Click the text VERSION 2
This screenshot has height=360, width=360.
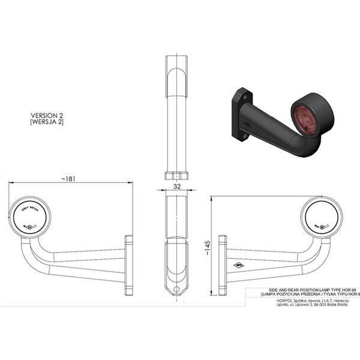tap(47, 114)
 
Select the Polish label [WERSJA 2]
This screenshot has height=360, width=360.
tap(47, 122)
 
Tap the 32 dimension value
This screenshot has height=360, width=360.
tap(176, 187)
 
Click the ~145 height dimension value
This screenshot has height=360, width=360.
tap(207, 248)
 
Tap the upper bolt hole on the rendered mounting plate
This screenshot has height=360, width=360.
tap(242, 95)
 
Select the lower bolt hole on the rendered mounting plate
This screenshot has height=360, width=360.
tap(245, 136)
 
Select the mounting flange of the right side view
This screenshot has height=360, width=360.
tap(222, 265)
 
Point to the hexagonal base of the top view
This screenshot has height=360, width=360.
tap(176, 175)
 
